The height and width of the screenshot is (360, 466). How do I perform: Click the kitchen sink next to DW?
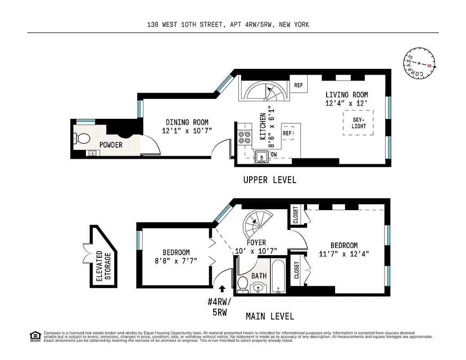(x=261, y=157)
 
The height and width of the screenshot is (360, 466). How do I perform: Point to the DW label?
(x=274, y=154)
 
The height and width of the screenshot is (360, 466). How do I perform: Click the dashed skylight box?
(x=358, y=123)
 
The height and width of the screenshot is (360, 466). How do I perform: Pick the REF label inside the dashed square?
(x=287, y=133)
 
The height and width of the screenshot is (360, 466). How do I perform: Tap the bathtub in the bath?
(x=278, y=275)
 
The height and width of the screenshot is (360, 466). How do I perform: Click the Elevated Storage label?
(x=103, y=265)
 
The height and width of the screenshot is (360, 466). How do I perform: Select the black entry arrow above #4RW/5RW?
(x=221, y=288)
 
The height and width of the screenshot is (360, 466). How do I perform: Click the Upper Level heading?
(x=270, y=180)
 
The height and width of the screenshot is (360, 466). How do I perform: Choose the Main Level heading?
(x=270, y=316)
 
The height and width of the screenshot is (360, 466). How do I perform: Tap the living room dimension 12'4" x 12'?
(x=346, y=103)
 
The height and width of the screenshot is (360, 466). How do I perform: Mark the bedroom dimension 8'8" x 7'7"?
(x=176, y=261)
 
